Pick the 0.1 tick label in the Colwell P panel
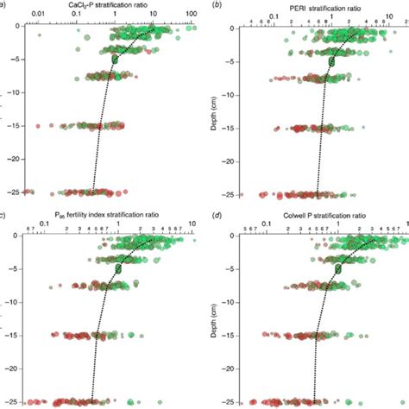pos(267,223)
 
